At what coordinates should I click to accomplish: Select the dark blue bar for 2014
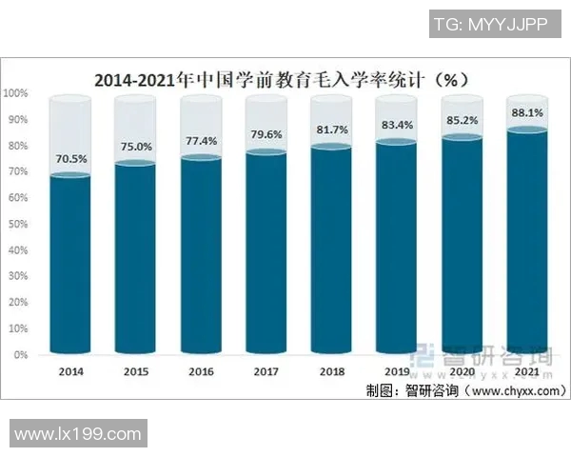click(x=70, y=267)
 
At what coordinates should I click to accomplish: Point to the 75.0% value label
click(x=135, y=148)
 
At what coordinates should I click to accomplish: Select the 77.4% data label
click(x=200, y=141)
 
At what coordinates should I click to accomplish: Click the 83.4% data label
click(x=396, y=125)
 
